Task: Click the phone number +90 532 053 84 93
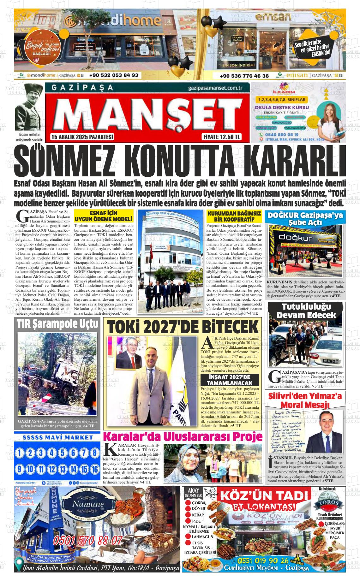tap(114, 75)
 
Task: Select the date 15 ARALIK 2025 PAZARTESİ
tap(82, 137)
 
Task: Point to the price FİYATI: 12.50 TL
tap(221, 137)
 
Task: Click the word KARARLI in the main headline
tap(294, 162)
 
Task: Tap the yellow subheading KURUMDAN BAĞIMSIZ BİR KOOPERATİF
tap(234, 216)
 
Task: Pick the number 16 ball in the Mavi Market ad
tap(94, 469)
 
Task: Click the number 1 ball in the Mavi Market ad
tap(20, 453)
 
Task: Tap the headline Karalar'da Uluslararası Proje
tap(183, 436)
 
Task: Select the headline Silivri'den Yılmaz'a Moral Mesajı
tap(305, 400)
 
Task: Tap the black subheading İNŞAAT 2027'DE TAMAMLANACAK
tap(230, 380)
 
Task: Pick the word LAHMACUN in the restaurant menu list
tap(203, 536)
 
